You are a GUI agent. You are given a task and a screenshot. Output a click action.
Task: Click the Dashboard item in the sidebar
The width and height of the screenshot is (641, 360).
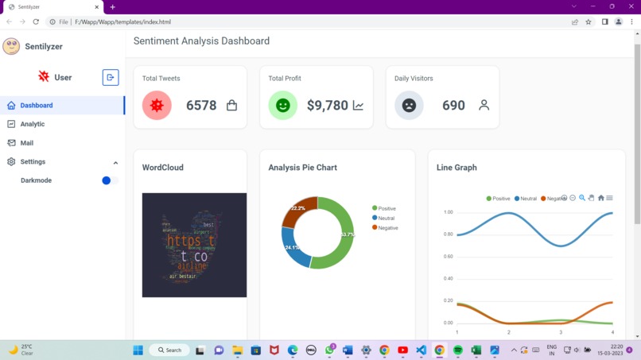36,105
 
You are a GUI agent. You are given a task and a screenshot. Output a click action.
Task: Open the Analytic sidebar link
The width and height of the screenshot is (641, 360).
32,124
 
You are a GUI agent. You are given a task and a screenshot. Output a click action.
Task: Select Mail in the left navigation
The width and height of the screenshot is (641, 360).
26,143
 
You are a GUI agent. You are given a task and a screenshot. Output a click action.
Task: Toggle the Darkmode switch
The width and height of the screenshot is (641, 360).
110,180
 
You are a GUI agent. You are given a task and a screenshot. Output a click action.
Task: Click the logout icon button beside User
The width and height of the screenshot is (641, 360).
111,77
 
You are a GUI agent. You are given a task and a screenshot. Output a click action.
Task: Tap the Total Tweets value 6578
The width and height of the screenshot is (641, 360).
201,106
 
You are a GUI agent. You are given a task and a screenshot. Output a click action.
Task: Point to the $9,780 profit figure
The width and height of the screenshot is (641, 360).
327,106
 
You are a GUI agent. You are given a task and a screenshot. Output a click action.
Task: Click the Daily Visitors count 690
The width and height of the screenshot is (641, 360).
453,106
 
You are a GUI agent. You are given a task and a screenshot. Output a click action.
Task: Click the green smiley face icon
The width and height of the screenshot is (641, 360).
282,106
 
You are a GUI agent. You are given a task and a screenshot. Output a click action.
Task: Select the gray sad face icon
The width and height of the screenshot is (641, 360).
409,106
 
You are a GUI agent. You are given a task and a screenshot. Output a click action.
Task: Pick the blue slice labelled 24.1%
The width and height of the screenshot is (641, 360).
294,249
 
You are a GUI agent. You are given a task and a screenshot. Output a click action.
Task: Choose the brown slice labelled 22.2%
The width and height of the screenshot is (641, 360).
299,210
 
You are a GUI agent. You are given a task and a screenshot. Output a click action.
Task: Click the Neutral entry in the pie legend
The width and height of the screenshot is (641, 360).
386,218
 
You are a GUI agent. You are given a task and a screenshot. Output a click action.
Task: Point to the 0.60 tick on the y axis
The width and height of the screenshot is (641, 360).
448,257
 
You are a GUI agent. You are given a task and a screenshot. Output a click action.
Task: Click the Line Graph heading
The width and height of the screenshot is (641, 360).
456,168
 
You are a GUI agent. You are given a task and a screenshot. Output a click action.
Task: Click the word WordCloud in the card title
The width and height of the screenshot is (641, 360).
162,168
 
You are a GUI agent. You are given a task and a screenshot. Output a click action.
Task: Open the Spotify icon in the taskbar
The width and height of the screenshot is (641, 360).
458,350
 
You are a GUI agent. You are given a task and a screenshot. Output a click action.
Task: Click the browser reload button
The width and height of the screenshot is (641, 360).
36,21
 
